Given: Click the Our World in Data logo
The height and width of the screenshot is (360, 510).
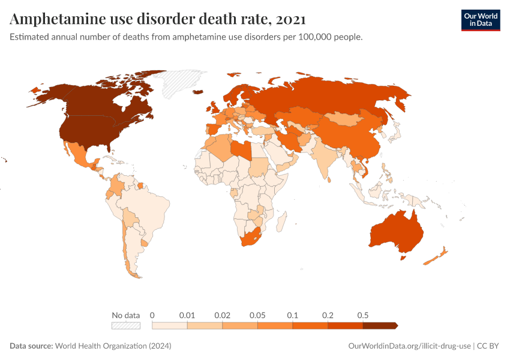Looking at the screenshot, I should pyautogui.click(x=480, y=19).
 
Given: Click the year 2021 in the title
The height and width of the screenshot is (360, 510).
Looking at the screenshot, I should pyautogui.click(x=291, y=19).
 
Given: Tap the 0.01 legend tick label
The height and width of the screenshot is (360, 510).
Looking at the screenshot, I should pyautogui.click(x=188, y=315).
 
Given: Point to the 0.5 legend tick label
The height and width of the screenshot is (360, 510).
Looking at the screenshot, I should pyautogui.click(x=362, y=315).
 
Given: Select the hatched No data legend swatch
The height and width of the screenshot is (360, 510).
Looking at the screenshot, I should pyautogui.click(x=126, y=325).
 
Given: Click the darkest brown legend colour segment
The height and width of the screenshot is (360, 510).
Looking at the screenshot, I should pyautogui.click(x=379, y=325).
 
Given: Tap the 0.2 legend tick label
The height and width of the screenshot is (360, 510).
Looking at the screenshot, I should pyautogui.click(x=328, y=315).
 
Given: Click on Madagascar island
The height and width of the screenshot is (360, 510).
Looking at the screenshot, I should pyautogui.click(x=280, y=224).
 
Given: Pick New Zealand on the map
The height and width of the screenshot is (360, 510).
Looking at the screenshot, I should pyautogui.click(x=434, y=257).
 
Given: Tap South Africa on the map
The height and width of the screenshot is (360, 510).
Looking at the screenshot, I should pyautogui.click(x=251, y=238).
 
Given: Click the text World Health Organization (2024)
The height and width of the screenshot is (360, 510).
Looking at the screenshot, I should pyautogui.click(x=113, y=346).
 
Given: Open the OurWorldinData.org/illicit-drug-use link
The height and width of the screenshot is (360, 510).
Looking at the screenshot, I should pyautogui.click(x=410, y=346).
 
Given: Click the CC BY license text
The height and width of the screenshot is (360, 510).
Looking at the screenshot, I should pyautogui.click(x=488, y=346).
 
